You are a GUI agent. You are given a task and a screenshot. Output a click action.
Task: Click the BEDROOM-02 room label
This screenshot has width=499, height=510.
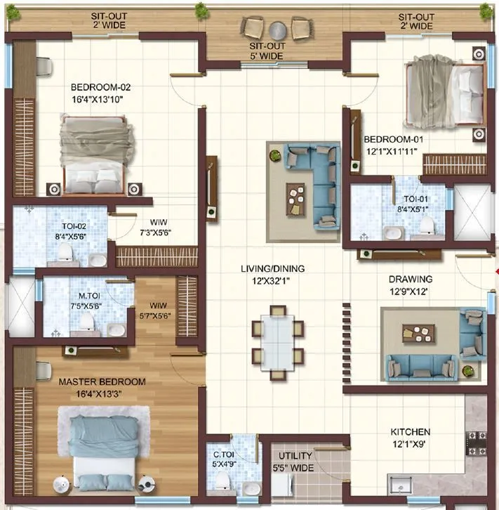coord(100,88)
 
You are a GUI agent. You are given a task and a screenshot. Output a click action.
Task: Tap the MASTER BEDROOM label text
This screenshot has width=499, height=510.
coord(102,381)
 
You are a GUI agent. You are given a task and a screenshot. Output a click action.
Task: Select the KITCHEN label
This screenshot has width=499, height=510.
coord(411,431)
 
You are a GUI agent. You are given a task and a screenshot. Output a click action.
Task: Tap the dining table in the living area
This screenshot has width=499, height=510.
coord(278,342)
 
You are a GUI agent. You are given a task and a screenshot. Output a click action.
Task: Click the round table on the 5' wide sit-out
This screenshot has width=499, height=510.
coord(278,30)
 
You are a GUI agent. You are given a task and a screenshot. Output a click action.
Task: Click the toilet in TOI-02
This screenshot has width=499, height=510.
coord(65,251)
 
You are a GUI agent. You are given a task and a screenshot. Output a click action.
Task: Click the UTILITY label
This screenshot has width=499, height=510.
coord(295,456)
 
